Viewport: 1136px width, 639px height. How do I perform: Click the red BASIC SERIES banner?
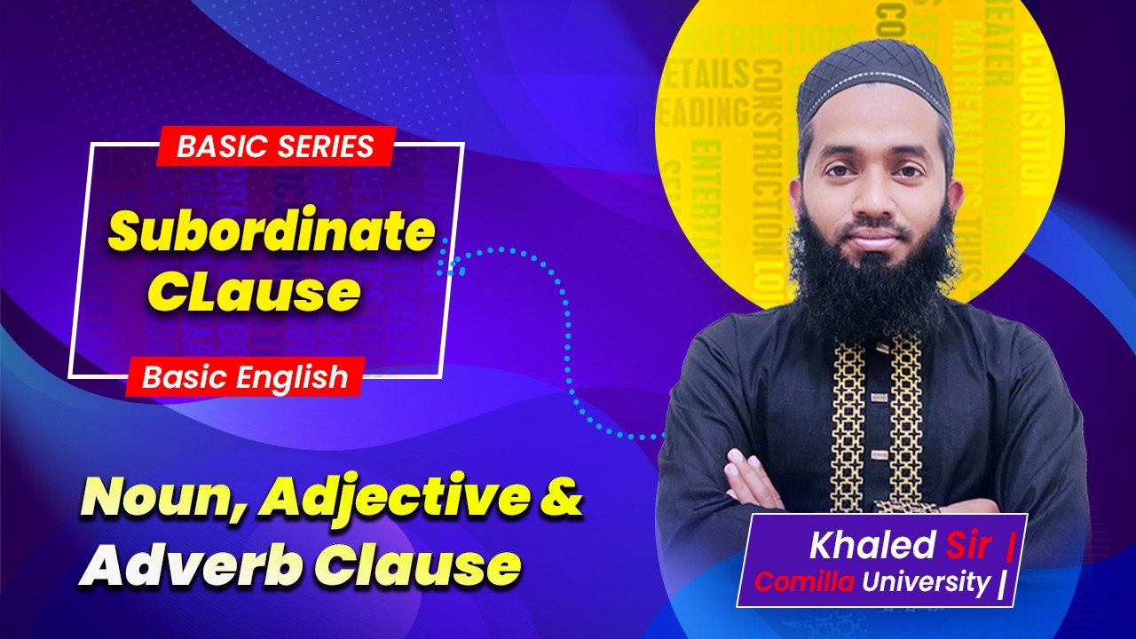[x=276, y=146]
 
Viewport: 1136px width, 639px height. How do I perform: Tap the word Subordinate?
[x=272, y=233]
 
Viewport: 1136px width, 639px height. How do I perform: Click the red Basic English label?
[x=245, y=377]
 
